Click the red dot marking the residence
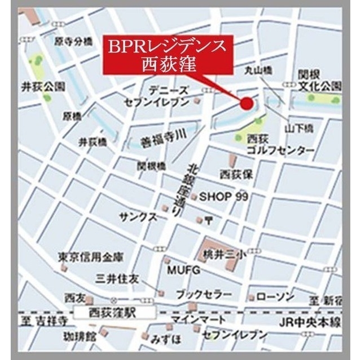click(x=246, y=103)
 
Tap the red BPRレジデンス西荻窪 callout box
click(x=167, y=54)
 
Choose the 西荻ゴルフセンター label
click(x=281, y=145)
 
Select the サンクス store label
click(x=138, y=217)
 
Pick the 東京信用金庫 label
click(x=90, y=257)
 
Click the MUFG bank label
click(x=183, y=270)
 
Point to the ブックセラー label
click(x=204, y=295)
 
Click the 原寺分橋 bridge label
click(x=73, y=41)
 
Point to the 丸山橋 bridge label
click(x=258, y=70)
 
